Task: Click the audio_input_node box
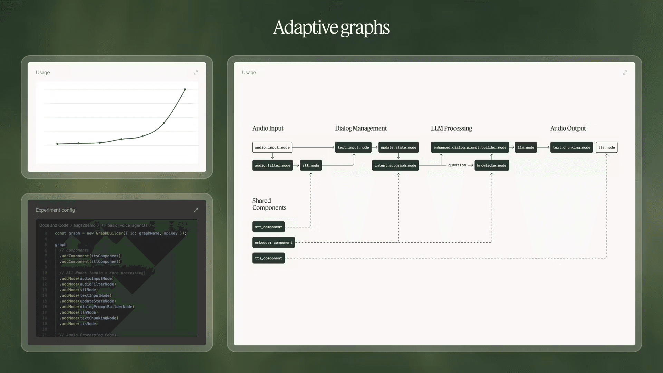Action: (272, 147)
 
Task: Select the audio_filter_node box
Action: (272, 165)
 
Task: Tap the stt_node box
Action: (310, 165)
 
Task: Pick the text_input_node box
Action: (353, 147)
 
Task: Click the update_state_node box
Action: (398, 147)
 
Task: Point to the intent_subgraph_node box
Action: (395, 165)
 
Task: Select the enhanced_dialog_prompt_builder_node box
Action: (470, 147)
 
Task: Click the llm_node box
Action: (526, 147)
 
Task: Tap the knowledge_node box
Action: (491, 165)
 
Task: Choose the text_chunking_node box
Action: (571, 147)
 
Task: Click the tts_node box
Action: (606, 147)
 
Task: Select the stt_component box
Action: (268, 227)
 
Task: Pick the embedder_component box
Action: (273, 242)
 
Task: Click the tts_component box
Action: (268, 258)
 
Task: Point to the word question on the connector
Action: (457, 165)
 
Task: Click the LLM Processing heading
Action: (451, 128)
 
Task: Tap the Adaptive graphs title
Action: (331, 28)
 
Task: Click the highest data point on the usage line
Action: (185, 89)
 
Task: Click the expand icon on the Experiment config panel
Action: (196, 210)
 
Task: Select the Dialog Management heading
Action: (361, 128)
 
